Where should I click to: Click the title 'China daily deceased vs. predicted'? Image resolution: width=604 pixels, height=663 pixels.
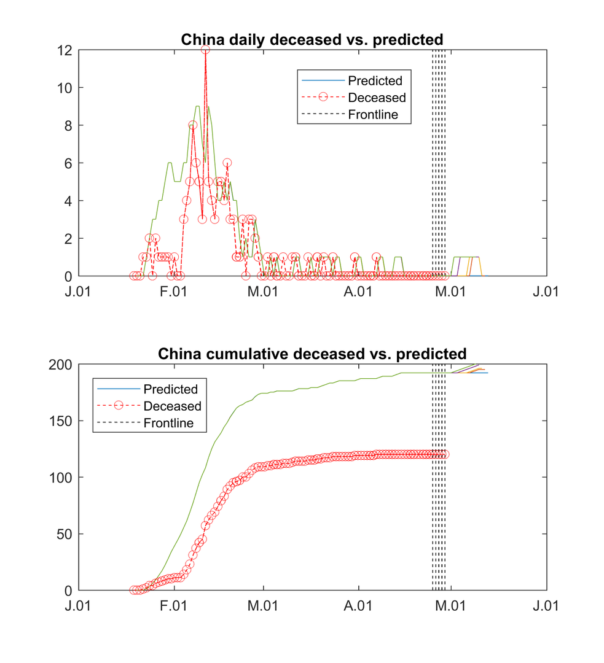[x=312, y=39]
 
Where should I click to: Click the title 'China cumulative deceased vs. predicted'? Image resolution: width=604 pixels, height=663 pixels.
[x=312, y=354]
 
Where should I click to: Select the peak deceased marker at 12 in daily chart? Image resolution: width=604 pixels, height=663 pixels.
[x=205, y=50]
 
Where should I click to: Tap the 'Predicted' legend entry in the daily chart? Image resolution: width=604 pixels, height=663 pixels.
[x=375, y=80]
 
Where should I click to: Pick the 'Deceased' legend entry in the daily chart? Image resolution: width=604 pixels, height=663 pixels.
[x=377, y=98]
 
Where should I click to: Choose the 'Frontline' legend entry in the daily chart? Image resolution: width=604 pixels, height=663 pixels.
[x=373, y=114]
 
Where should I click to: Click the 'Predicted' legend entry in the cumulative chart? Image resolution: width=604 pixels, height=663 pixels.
[x=170, y=389]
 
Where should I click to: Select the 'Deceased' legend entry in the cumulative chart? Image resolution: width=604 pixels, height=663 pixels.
[x=172, y=406]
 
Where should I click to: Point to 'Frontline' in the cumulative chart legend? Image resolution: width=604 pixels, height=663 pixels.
[x=168, y=423]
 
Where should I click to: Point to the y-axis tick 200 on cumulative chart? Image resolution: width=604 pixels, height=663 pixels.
[x=61, y=364]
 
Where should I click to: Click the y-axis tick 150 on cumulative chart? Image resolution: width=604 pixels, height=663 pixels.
[x=61, y=421]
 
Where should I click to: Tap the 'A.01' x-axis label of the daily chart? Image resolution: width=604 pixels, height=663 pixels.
[x=358, y=291]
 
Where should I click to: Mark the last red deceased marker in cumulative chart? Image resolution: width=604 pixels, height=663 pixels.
[x=445, y=454]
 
